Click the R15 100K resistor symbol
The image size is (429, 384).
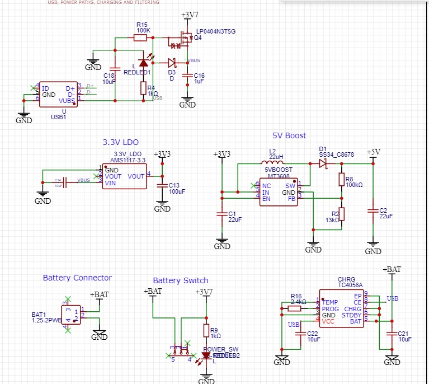(140, 38)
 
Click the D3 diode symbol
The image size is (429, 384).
(172, 62)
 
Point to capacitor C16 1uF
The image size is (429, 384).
(187, 76)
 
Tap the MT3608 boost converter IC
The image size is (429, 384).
(278, 192)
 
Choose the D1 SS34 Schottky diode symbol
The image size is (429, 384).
(323, 163)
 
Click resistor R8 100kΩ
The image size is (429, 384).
(341, 179)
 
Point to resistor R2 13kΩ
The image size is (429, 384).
(341, 214)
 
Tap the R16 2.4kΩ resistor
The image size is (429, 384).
(295, 308)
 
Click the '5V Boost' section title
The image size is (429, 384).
(289, 135)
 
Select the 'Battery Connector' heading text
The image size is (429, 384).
(77, 278)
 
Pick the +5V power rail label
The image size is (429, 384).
(373, 152)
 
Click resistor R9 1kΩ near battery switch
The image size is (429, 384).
(206, 330)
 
